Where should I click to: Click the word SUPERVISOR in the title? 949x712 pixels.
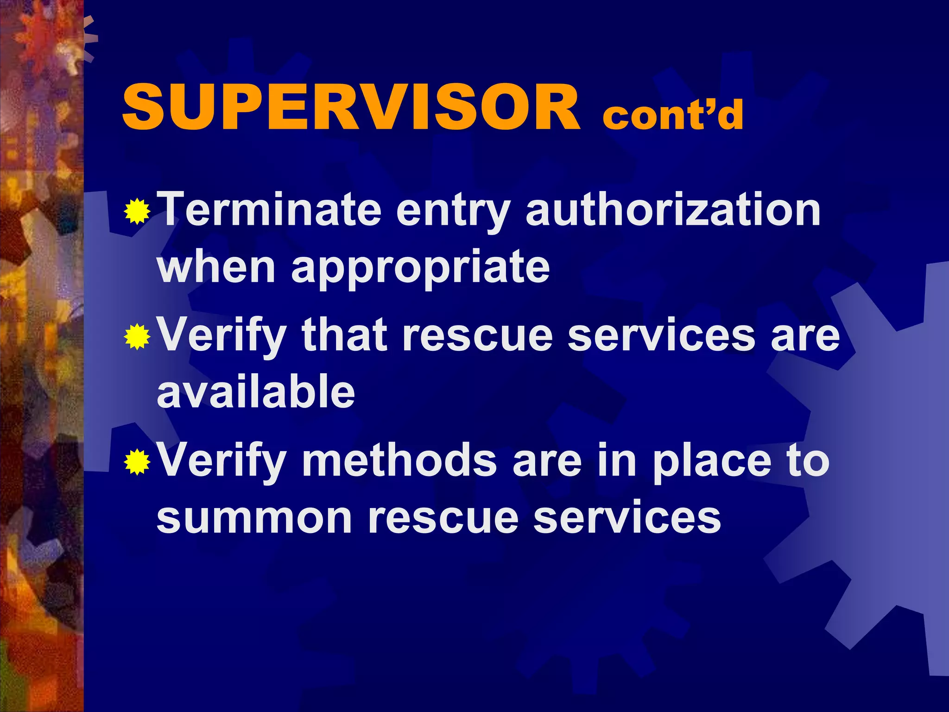point(351,108)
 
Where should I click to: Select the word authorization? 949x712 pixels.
point(673,210)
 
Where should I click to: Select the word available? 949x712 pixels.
point(256,392)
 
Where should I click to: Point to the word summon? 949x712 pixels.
point(254,518)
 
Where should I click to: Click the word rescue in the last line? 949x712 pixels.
point(443,518)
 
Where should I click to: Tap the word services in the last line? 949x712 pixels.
point(626,518)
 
